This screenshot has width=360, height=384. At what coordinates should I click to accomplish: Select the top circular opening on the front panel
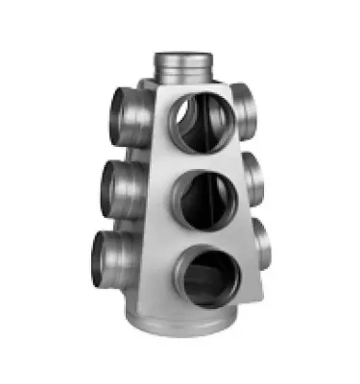(x=202, y=120)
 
